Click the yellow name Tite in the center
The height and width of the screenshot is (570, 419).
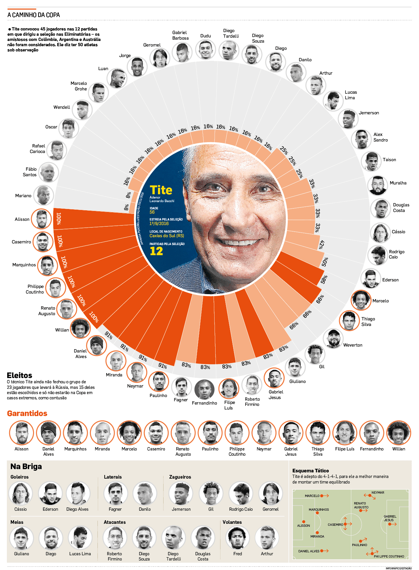pos(161,190)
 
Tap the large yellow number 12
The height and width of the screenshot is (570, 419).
pos(156,251)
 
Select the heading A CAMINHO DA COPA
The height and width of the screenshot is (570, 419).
pos(34,15)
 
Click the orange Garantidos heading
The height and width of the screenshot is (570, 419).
pos(27,413)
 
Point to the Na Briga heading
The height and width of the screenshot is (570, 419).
pos(26,466)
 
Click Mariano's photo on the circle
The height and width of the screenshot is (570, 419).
pos(44,195)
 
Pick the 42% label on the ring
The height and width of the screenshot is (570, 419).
pos(321,244)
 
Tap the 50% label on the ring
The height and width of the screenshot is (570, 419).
pos(324,262)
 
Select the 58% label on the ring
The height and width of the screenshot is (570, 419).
pos(323,279)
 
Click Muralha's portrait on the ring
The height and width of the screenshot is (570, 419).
pos(378,185)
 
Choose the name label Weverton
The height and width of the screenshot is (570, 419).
pos(353,345)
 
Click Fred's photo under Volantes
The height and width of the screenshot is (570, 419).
pos(238,538)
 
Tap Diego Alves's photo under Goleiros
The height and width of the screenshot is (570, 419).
pos(78,493)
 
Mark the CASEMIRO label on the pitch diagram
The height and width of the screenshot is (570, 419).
pos(335,524)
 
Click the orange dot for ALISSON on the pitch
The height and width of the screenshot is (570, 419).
pos(304,522)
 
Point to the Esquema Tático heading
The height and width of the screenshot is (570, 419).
pos(310,470)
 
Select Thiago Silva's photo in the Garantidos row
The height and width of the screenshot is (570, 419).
pos(318,433)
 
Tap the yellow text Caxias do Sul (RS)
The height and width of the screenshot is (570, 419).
pos(167,236)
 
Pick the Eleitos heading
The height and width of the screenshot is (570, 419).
pos(20,375)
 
